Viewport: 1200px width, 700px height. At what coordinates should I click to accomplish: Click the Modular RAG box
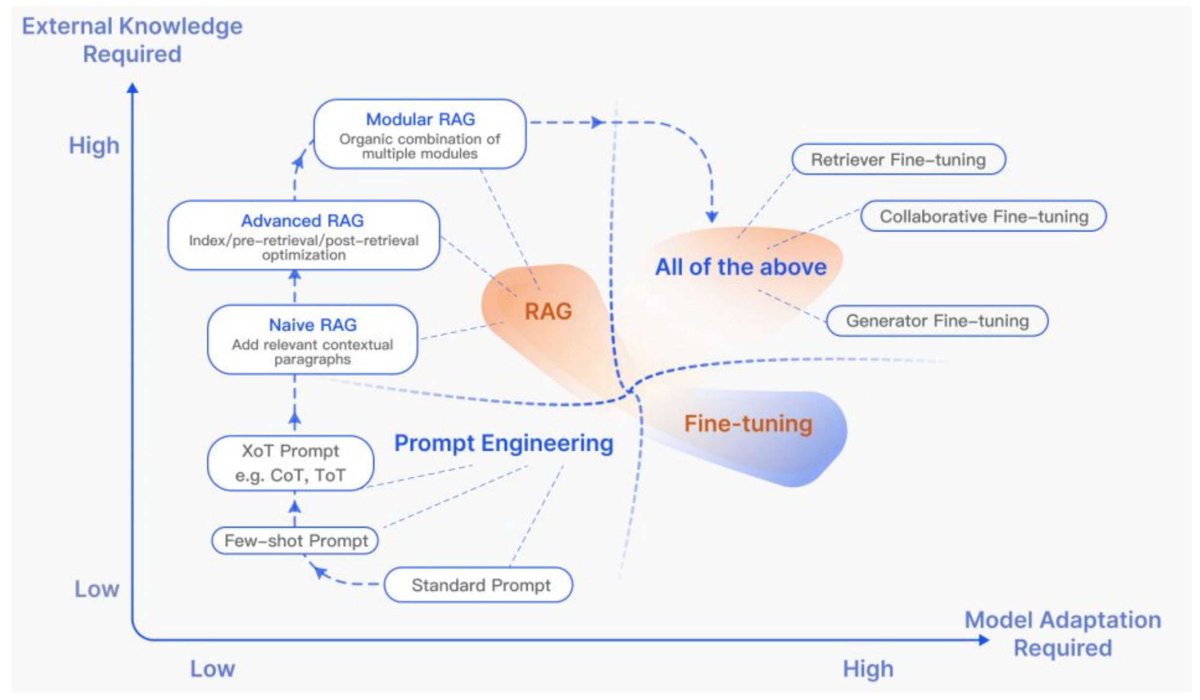[x=419, y=134]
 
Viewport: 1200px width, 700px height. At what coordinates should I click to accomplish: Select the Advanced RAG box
[x=304, y=236]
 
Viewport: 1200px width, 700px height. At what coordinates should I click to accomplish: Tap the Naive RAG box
[x=312, y=340]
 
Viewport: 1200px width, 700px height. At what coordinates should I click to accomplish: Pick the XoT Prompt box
[x=290, y=463]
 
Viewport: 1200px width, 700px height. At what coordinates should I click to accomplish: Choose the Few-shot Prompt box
[x=295, y=541]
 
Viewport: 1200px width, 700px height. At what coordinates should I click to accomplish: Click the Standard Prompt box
[x=479, y=585]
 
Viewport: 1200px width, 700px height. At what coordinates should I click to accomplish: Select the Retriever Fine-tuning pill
[x=898, y=159]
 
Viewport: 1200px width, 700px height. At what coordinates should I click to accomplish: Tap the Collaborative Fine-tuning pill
[x=983, y=216]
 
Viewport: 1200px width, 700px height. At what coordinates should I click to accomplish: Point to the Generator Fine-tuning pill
[x=937, y=321]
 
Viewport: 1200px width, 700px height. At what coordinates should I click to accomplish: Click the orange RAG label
[x=548, y=312]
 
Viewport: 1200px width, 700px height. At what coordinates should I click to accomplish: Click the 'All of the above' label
[x=740, y=267]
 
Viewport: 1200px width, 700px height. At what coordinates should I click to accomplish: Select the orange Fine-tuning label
[x=748, y=424]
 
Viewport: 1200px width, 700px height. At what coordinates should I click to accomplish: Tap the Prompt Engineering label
[x=503, y=443]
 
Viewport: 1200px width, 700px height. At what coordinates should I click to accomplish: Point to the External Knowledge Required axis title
[x=132, y=40]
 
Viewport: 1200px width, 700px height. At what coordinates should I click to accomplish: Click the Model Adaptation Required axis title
[x=1062, y=634]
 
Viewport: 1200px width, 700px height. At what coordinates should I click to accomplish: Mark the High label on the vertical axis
[x=94, y=145]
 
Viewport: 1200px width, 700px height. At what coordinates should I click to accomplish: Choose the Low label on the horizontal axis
[x=212, y=669]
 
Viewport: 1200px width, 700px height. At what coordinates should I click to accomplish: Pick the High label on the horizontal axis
[x=868, y=669]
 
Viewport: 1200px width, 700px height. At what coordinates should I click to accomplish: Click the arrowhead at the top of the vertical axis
[x=132, y=88]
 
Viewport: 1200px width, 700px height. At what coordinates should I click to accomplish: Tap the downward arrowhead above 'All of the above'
[x=712, y=216]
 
